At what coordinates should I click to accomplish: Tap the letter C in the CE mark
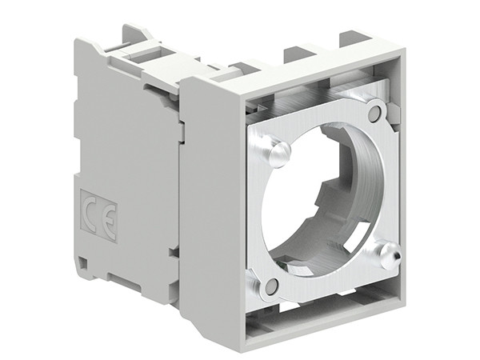(x=91, y=210)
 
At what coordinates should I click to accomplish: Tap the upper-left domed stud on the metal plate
(x=278, y=152)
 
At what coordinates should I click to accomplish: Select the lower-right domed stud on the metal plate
(x=388, y=255)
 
